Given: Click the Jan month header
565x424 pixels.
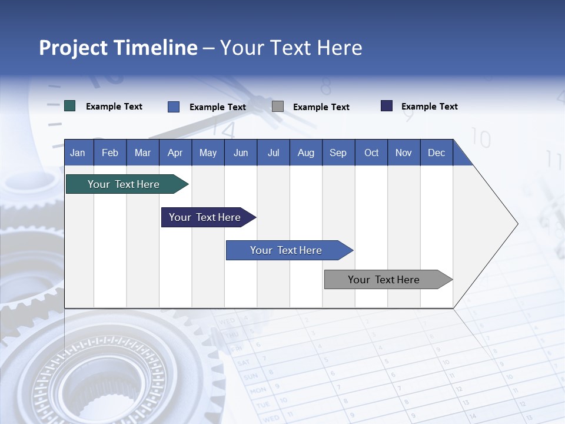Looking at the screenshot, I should (78, 153).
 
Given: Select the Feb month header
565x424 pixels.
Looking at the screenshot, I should (110, 153).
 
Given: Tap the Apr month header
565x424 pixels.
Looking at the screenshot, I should (175, 153).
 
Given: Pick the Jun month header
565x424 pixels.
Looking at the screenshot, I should (240, 153).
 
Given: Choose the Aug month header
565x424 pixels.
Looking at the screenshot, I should (305, 153).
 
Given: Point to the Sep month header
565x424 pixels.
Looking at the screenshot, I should (338, 153).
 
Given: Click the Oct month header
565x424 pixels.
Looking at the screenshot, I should (371, 153).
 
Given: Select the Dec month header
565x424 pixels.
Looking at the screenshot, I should (436, 153).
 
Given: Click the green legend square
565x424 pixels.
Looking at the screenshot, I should (70, 106).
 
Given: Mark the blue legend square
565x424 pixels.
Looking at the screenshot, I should (174, 107).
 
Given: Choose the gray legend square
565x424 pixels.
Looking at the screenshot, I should (278, 107).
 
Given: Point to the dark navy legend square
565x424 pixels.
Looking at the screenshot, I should (387, 106).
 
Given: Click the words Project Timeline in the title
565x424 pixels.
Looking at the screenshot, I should (118, 48).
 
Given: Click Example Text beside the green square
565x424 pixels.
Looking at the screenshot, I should (114, 107).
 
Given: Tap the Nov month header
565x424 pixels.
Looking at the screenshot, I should (404, 153).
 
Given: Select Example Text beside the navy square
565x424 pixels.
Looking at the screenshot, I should (430, 107).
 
